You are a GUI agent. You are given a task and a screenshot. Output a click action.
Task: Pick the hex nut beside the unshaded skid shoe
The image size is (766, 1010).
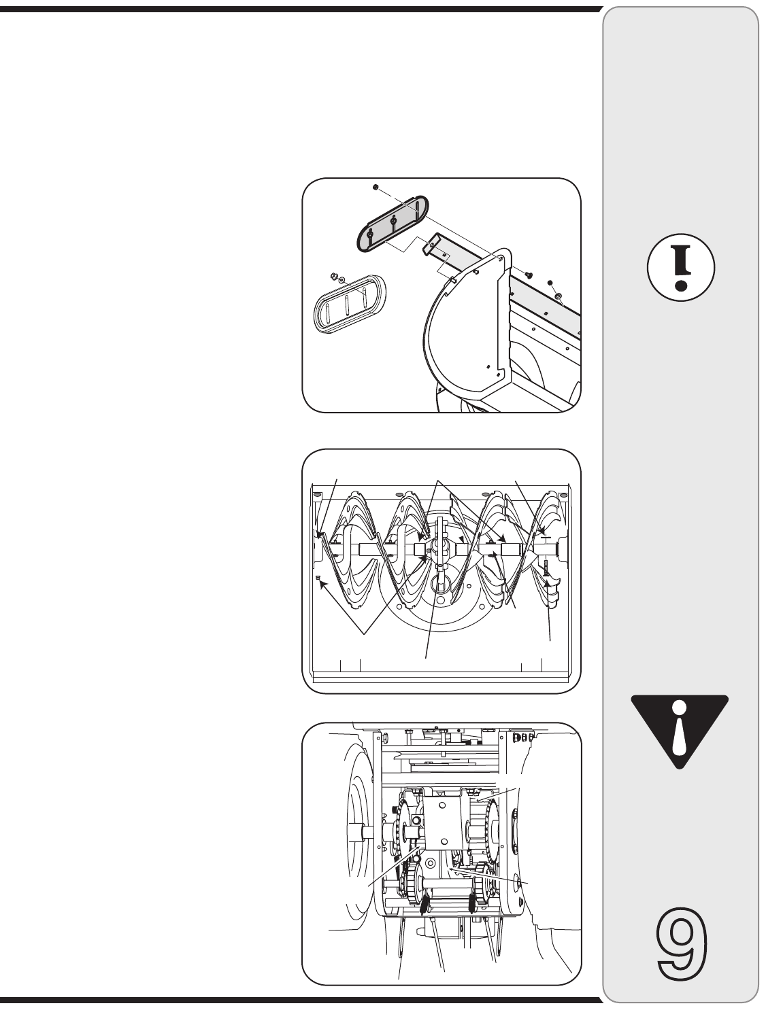(334, 275)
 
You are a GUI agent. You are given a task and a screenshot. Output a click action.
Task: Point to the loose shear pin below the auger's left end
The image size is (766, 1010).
(318, 578)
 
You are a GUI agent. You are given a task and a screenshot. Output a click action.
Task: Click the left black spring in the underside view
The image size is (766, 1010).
(424, 903)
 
